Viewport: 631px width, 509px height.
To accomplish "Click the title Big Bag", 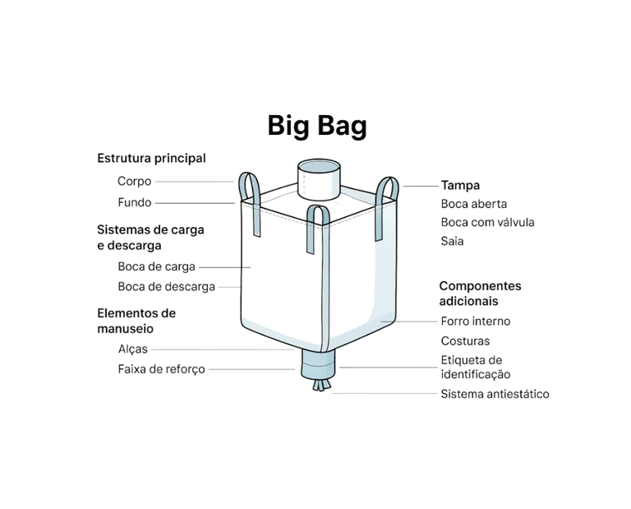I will pyautogui.click(x=317, y=126).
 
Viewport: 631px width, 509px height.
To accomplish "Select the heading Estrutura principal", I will pyautogui.click(x=151, y=158).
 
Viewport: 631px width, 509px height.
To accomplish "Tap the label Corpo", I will pyautogui.click(x=135, y=181).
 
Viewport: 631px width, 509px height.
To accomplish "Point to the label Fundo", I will pyautogui.click(x=135, y=202).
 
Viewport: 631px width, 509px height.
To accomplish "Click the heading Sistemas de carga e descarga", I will pyautogui.click(x=150, y=237).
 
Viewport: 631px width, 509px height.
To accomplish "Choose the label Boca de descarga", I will pyautogui.click(x=166, y=287).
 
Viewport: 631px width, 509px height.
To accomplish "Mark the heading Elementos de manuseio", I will pyautogui.click(x=136, y=321).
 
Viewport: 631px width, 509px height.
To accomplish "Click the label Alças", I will pyautogui.click(x=132, y=349).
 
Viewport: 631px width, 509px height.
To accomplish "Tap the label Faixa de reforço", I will pyautogui.click(x=161, y=370).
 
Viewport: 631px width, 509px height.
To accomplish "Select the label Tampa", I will pyautogui.click(x=460, y=186).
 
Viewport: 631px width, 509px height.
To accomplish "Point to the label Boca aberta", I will pyautogui.click(x=473, y=204).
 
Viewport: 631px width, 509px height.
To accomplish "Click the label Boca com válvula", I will pyautogui.click(x=487, y=222).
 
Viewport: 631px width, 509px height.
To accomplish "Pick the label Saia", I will pyautogui.click(x=452, y=242).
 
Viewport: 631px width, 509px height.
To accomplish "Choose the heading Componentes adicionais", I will pyautogui.click(x=480, y=294).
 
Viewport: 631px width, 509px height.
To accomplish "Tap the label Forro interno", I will pyautogui.click(x=475, y=322).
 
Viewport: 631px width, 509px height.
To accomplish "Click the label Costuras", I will pyautogui.click(x=465, y=340).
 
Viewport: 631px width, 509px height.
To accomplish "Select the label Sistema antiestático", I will pyautogui.click(x=495, y=394).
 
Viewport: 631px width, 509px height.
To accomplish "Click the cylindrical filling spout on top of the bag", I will pyautogui.click(x=317, y=178).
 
